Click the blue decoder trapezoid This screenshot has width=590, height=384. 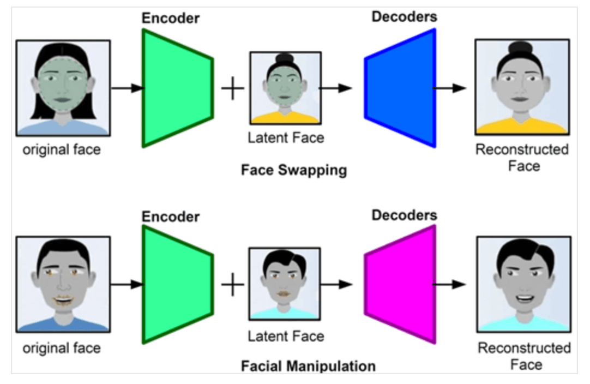click(401, 88)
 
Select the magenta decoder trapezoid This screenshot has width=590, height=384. click(401, 285)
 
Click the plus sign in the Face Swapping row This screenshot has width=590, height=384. click(233, 88)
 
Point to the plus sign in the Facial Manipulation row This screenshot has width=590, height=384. click(233, 285)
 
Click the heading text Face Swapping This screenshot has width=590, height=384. click(294, 170)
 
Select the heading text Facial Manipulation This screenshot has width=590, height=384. click(308, 365)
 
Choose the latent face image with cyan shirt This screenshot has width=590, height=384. click(285, 285)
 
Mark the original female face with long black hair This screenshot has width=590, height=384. click(63, 87)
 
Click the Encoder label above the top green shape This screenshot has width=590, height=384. click(171, 18)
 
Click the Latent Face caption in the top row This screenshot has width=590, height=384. click(286, 137)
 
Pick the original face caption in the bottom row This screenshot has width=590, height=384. click(62, 347)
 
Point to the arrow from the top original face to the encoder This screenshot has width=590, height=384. click(127, 88)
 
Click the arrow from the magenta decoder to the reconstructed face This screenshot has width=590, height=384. click(450, 284)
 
